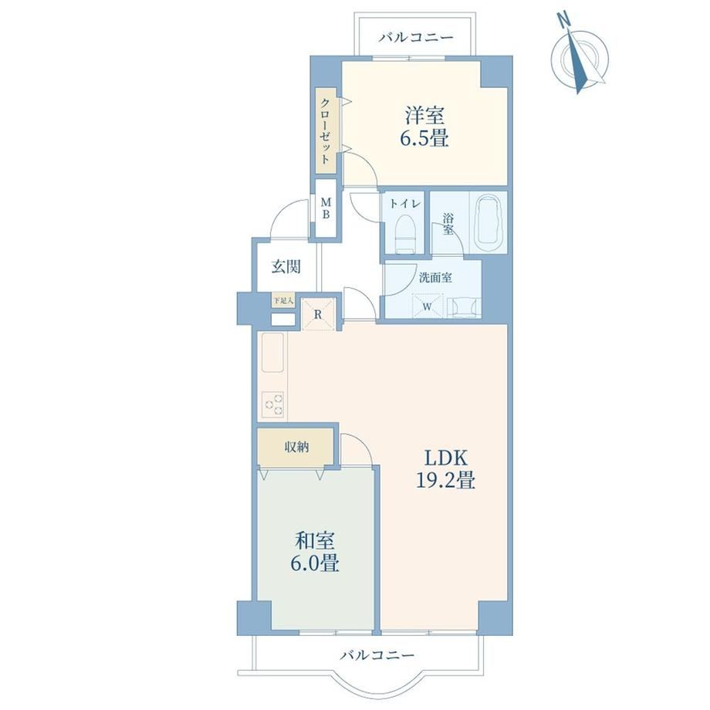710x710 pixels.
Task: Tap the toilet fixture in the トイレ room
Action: click(405, 234)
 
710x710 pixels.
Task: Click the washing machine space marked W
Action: click(427, 306)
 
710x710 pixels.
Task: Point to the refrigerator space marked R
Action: click(318, 314)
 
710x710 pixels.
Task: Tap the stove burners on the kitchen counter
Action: click(273, 404)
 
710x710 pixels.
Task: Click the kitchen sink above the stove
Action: click(272, 352)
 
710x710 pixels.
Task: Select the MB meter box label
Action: click(326, 208)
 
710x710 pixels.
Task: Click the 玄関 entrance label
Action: click(286, 266)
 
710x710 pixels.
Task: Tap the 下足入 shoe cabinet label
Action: click(283, 299)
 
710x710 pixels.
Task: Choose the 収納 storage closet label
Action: click(296, 448)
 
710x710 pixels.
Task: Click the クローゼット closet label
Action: click(326, 130)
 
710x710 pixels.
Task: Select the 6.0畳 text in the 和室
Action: click(315, 563)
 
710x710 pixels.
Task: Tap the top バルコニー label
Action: click(416, 37)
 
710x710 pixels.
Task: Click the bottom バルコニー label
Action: click(377, 654)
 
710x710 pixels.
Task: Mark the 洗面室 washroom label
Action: click(435, 278)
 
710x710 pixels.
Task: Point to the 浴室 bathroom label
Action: click(448, 224)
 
